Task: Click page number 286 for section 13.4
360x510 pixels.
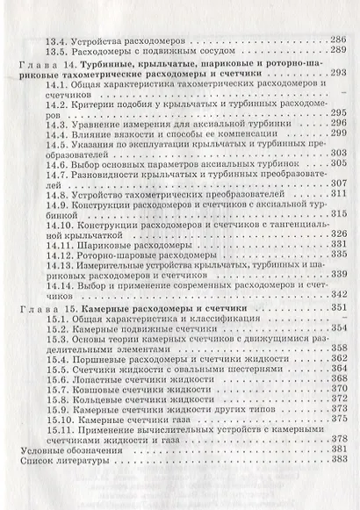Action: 338,40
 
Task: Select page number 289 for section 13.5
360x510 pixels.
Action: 338,53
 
